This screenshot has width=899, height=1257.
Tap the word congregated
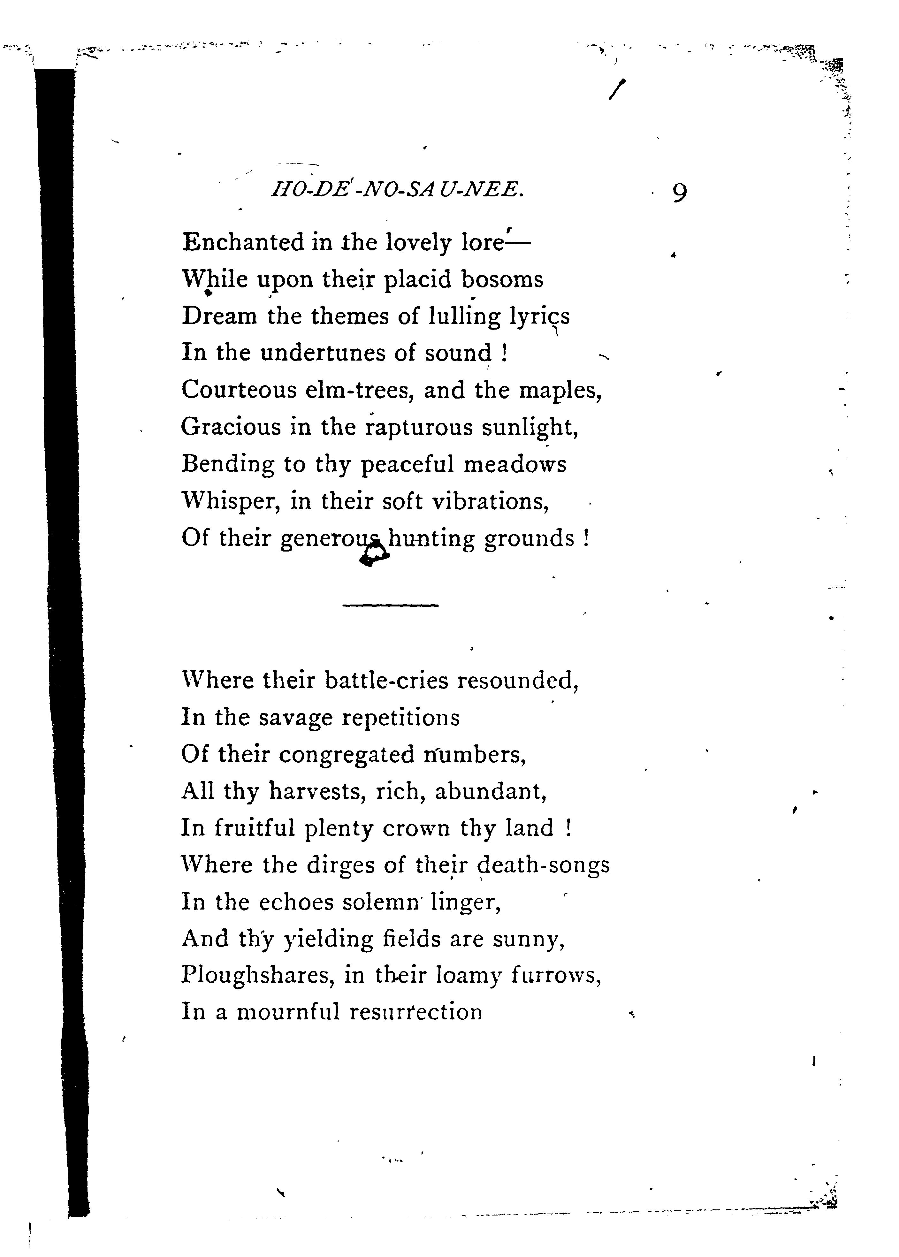tap(347, 754)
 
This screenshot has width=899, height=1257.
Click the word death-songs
tap(543, 865)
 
